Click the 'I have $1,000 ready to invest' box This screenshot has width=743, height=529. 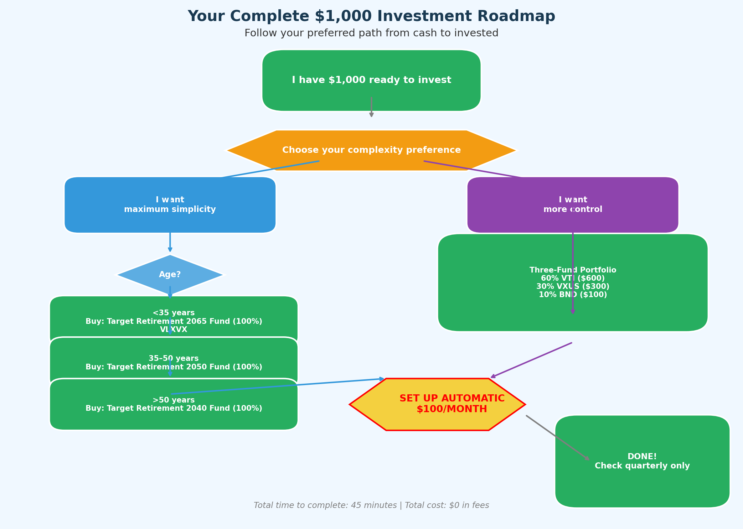tap(371, 80)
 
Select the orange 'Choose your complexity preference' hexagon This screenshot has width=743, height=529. tap(371, 150)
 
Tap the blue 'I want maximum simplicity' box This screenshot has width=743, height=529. tap(170, 205)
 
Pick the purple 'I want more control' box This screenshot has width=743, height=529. tap(573, 205)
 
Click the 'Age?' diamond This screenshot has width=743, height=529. tap(170, 275)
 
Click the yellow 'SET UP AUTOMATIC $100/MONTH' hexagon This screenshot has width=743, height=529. tap(438, 404)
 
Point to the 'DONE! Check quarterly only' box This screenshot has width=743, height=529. tap(642, 461)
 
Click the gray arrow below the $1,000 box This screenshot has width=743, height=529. tap(371, 107)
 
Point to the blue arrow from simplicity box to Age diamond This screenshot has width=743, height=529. tap(170, 242)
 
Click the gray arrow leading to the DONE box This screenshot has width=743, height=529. tap(558, 438)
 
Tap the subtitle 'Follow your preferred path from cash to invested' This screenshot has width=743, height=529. tap(371, 33)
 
